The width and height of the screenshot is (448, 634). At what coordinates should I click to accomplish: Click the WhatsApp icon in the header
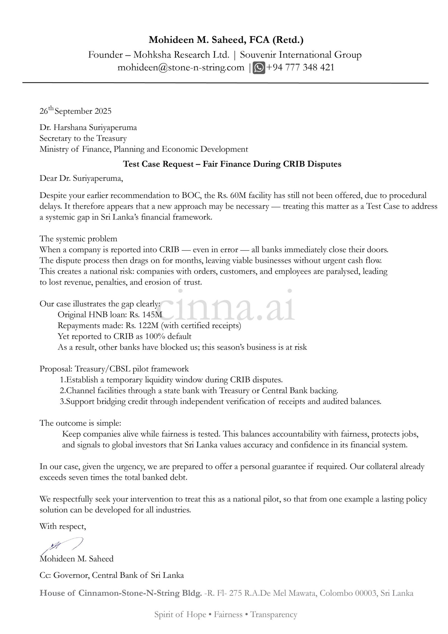[x=259, y=68]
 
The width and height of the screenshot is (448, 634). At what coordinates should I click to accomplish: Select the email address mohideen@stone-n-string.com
[x=181, y=68]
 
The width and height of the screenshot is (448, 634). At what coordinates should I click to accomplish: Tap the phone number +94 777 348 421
[x=300, y=68]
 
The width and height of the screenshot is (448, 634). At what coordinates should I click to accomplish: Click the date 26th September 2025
[x=75, y=111]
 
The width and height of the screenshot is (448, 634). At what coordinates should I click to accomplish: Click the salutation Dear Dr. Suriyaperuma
[x=81, y=178]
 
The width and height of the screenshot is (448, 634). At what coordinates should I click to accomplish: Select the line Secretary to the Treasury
[x=83, y=138]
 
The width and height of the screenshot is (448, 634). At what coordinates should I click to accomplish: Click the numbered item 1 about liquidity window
[x=171, y=380]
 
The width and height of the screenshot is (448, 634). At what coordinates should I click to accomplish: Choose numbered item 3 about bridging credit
[x=220, y=401]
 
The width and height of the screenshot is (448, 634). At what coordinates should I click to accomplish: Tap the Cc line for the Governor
[x=112, y=575]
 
